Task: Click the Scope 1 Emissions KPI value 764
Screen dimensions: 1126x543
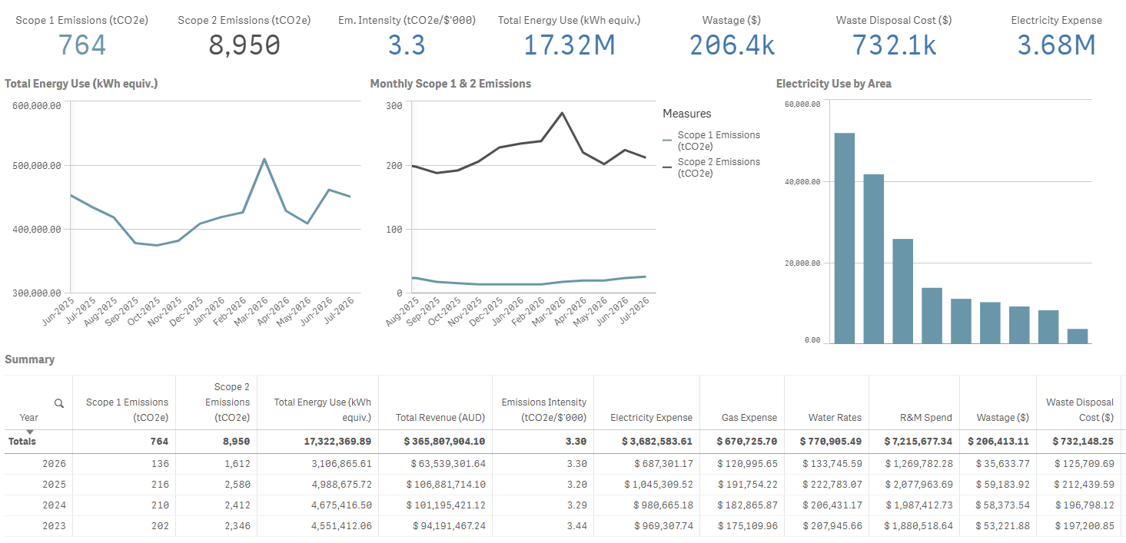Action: [x=82, y=45]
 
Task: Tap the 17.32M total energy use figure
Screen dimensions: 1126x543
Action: [x=569, y=45]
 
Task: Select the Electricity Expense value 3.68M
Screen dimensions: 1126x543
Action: [x=1056, y=45]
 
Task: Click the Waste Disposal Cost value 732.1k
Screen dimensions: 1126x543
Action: [x=894, y=45]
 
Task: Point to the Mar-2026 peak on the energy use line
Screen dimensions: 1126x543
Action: [x=264, y=159]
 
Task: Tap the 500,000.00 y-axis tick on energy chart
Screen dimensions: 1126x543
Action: [x=37, y=166]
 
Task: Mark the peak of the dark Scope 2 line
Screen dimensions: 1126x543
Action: [x=562, y=113]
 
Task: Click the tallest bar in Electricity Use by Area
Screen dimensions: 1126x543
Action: [x=845, y=238]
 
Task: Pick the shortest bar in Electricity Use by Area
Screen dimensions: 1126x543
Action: [x=1078, y=336]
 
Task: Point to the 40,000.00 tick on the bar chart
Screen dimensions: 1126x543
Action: [x=802, y=182]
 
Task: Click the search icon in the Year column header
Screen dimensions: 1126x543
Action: [x=59, y=403]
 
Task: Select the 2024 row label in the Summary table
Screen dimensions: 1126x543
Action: [x=54, y=505]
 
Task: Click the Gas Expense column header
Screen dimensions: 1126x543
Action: [x=749, y=417]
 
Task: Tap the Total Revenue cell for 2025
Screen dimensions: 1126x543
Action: [x=446, y=484]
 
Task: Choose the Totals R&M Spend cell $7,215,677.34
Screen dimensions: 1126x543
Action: [x=918, y=441]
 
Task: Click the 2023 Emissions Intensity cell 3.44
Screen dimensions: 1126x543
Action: [x=576, y=526]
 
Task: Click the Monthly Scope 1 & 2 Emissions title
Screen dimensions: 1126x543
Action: [x=450, y=84]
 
